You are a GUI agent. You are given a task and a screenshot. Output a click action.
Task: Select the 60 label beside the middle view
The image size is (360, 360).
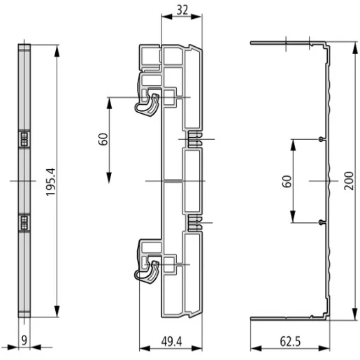103,138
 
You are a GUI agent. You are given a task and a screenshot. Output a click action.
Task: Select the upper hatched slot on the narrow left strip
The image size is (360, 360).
23,138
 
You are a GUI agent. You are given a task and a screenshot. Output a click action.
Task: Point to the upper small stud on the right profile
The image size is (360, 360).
321,139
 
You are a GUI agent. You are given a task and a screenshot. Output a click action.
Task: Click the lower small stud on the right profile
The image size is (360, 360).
321,222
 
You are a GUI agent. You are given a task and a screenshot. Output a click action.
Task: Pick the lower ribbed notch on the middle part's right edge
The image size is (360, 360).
194,224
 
